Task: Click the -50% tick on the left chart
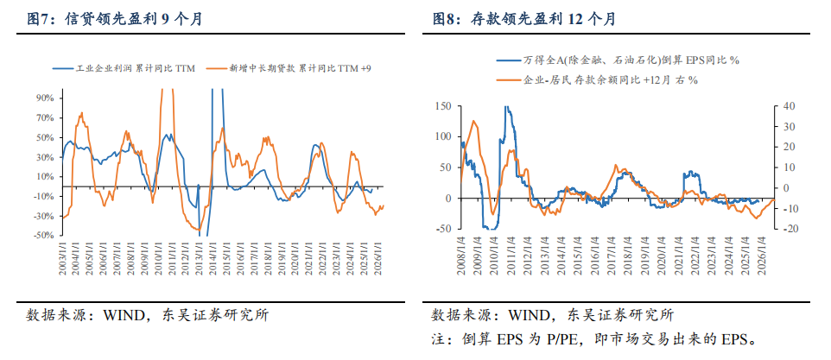[x=43, y=236]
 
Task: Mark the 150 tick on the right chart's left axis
[x=443, y=106]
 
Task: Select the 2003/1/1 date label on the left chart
[x=62, y=259]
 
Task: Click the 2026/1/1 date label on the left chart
[x=377, y=259]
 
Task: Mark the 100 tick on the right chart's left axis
[x=443, y=136]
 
